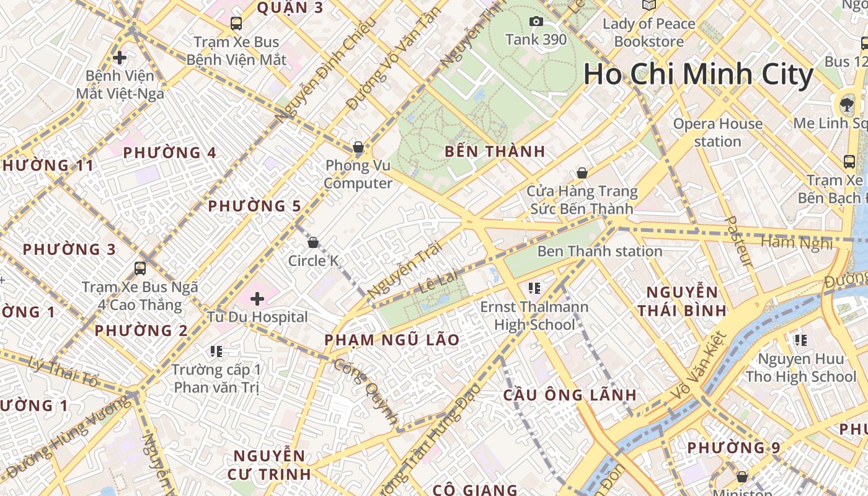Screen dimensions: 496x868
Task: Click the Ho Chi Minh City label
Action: click(698, 74)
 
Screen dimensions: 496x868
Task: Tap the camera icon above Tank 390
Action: click(536, 22)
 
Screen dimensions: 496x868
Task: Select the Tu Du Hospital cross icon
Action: click(257, 299)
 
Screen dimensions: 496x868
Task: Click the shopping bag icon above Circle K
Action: click(313, 242)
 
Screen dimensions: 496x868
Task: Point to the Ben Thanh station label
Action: click(600, 251)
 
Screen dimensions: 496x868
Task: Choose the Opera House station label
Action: click(718, 132)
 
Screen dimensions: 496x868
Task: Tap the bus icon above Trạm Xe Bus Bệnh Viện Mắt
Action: click(236, 24)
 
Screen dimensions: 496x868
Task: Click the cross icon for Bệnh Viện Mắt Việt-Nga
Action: click(120, 58)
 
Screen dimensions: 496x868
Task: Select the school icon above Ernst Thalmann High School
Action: click(534, 288)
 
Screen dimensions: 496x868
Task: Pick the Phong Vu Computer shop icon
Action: click(358, 147)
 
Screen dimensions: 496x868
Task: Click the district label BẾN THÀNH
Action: click(495, 151)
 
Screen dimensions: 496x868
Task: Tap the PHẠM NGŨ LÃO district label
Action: click(392, 340)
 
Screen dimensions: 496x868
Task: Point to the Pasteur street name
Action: click(738, 242)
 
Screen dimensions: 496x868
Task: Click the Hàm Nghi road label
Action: click(796, 242)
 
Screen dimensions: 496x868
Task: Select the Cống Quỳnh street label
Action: click(366, 391)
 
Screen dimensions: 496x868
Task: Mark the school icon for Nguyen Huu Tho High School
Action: click(801, 340)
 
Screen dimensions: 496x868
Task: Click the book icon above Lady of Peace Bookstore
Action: click(649, 6)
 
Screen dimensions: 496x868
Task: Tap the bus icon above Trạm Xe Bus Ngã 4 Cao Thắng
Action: click(140, 268)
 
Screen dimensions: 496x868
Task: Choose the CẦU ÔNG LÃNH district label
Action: click(570, 395)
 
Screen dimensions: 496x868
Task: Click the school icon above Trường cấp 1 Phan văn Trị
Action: click(216, 352)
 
